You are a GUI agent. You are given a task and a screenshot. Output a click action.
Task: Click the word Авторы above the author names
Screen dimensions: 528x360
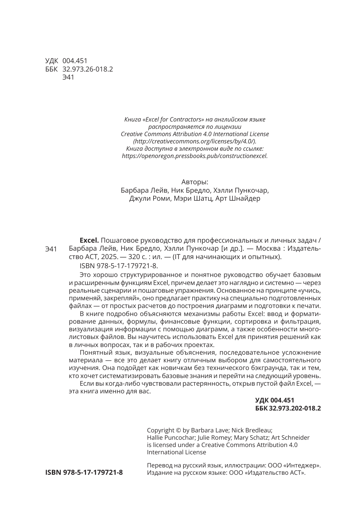pyautogui.click(x=195, y=182)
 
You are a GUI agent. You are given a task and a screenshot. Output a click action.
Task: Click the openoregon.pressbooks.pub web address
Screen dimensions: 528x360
pyautogui.click(x=194, y=155)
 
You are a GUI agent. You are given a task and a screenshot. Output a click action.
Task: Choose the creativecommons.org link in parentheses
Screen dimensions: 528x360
pyautogui.click(x=195, y=141)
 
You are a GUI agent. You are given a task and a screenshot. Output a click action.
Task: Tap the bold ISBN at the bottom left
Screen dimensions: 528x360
pyautogui.click(x=84, y=472)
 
